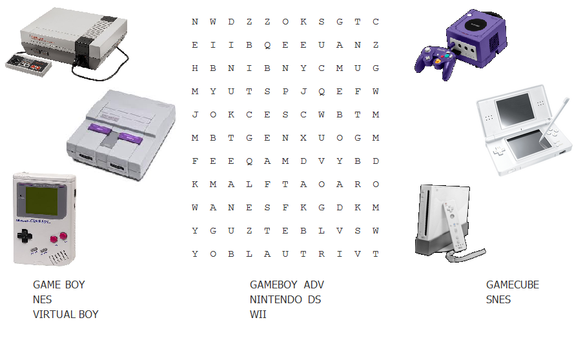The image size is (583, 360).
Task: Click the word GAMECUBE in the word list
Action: tap(512, 285)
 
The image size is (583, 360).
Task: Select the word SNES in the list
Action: tap(498, 299)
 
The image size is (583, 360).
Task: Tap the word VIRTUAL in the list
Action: tap(52, 314)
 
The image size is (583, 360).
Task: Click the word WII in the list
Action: tap(258, 314)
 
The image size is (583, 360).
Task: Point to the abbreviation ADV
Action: tap(314, 285)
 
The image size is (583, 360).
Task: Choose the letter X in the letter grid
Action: tap(303, 138)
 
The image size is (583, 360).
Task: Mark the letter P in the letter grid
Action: tap(285, 92)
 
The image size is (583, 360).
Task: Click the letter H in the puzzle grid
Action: tap(195, 68)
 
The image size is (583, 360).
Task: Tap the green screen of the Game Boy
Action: tap(43, 201)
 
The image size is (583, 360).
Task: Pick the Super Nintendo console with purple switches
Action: tap(121, 134)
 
